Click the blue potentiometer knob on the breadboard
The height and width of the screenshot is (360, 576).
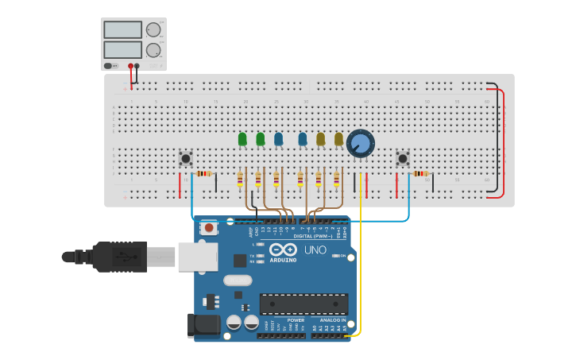pyautogui.click(x=361, y=144)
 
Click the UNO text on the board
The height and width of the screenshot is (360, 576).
pyautogui.click(x=315, y=250)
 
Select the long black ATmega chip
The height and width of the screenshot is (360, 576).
pyautogui.click(x=303, y=304)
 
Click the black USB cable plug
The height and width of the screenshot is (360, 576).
pyautogui.click(x=119, y=257)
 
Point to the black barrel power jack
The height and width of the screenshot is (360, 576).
pyautogui.click(x=203, y=324)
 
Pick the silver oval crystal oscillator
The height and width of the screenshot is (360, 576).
pyautogui.click(x=238, y=280)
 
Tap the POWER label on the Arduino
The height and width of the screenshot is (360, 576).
pyautogui.click(x=284, y=320)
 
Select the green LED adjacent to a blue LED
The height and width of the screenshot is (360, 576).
pyautogui.click(x=261, y=139)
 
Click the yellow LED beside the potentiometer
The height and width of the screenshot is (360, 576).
pyautogui.click(x=338, y=139)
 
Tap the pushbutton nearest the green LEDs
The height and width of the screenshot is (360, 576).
pyautogui.click(x=186, y=158)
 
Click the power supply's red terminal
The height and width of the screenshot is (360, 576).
pyautogui.click(x=130, y=66)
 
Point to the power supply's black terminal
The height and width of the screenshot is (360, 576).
pyautogui.click(x=137, y=66)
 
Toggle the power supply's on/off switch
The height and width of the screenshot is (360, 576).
pyautogui.click(x=109, y=65)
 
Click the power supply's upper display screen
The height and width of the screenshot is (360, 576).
pyautogui.click(x=122, y=29)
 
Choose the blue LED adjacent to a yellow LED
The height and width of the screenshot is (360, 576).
pyautogui.click(x=303, y=139)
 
